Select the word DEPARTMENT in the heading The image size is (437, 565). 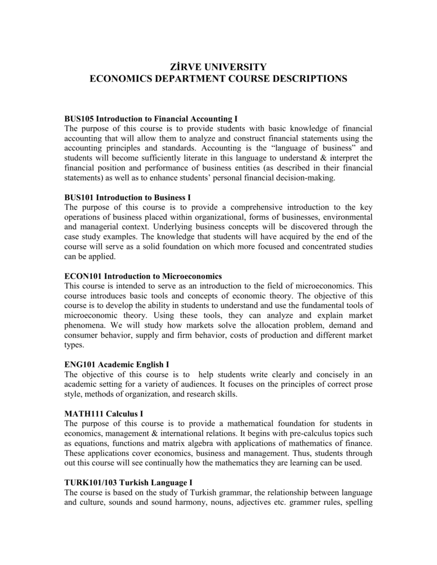(x=185, y=79)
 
